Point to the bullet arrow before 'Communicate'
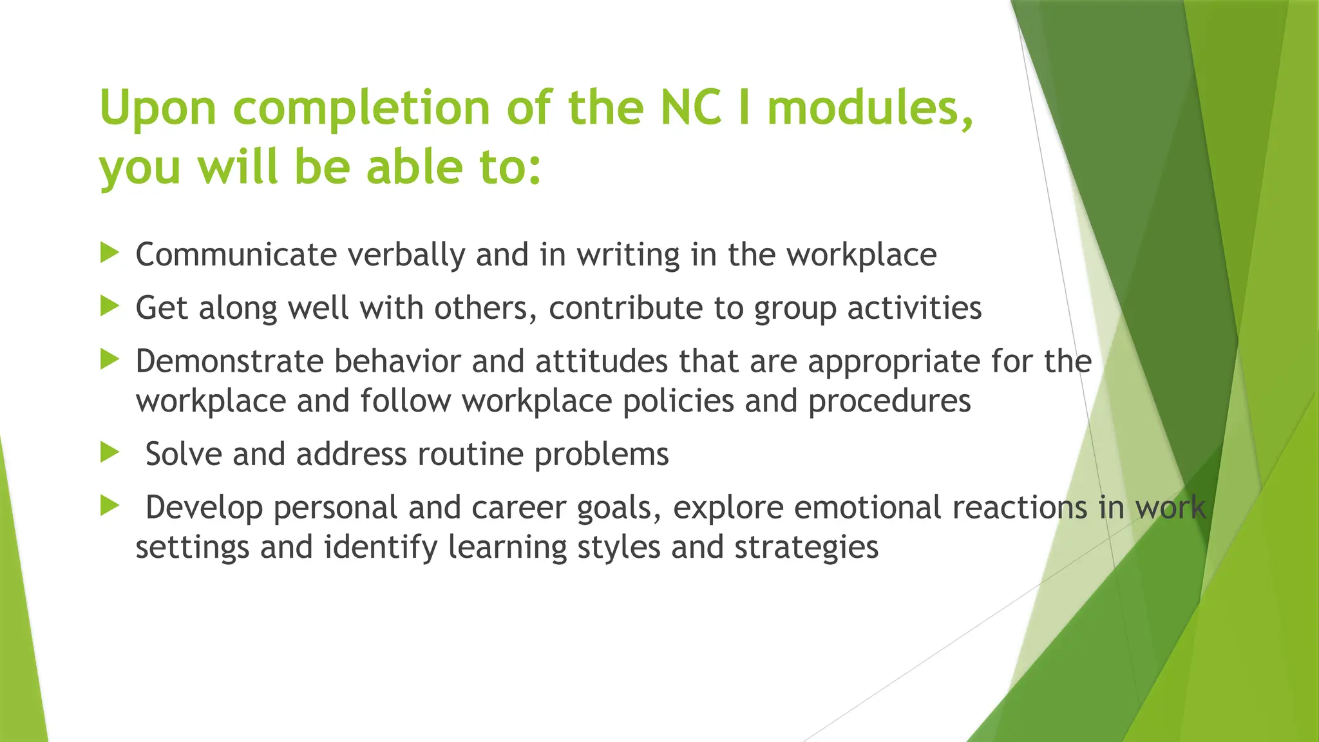[x=110, y=253]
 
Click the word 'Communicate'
[x=236, y=254]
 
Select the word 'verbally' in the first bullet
[x=406, y=256]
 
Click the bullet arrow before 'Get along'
[x=110, y=307]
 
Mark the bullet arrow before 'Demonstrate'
[x=110, y=359]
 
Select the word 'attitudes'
[x=602, y=361]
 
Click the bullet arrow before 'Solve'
[x=110, y=453]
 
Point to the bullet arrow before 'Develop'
[x=110, y=506]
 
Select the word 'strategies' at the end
[x=806, y=548]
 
